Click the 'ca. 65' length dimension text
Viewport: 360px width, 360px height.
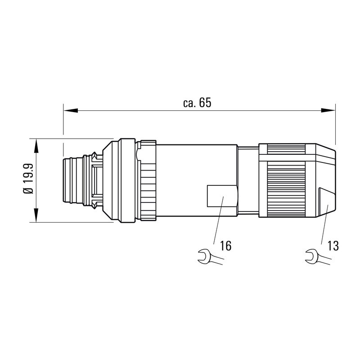(x=197, y=103)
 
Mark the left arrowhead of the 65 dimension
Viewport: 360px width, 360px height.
(x=68, y=110)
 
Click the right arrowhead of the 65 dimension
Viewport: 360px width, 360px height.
(x=330, y=110)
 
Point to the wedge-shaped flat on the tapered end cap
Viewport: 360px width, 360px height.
(x=326, y=201)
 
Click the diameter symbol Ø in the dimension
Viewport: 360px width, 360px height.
(x=28, y=191)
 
